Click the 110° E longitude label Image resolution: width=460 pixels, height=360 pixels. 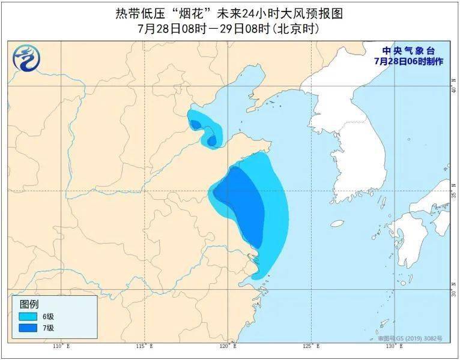click(x=61, y=346)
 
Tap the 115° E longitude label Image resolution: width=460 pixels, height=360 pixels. click(x=145, y=346)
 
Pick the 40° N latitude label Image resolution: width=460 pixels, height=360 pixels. click(x=453, y=88)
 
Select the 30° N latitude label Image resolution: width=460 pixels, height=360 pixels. click(x=453, y=292)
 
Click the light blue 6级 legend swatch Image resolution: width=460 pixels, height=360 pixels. click(x=28, y=316)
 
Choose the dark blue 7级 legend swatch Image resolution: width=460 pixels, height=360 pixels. click(x=28, y=328)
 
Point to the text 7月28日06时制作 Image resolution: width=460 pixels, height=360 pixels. click(x=408, y=61)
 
